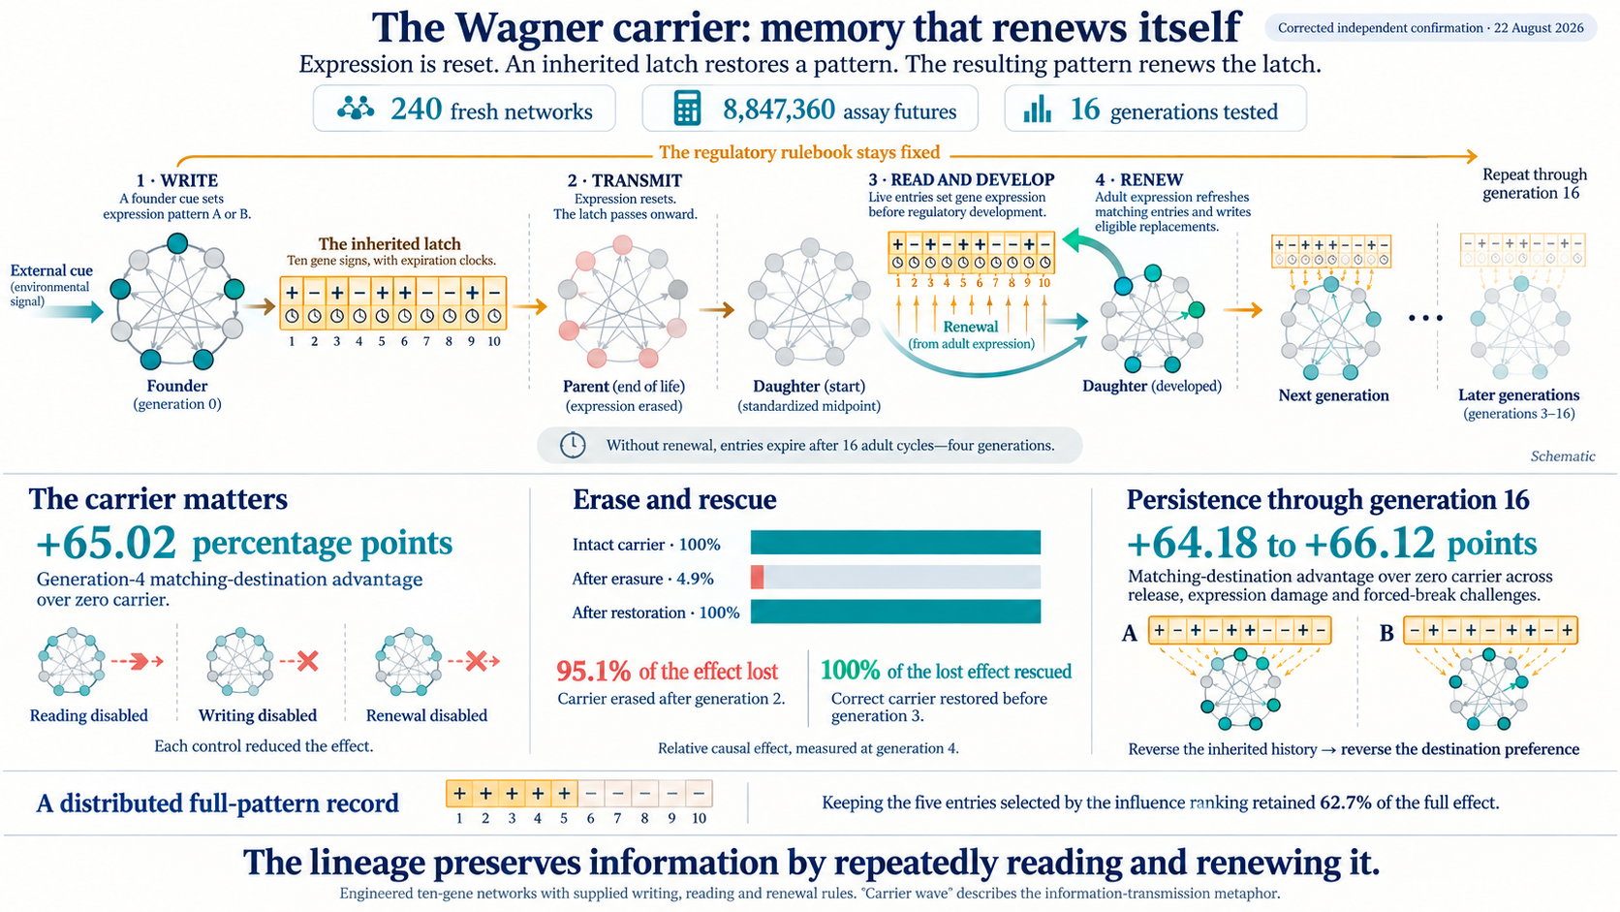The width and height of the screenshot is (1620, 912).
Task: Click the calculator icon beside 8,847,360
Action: [x=686, y=109]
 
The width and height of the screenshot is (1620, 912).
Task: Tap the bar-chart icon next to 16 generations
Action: [x=1037, y=110]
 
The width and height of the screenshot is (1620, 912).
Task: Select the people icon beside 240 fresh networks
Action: [x=356, y=109]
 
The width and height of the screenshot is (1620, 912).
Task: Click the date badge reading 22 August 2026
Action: [x=1430, y=28]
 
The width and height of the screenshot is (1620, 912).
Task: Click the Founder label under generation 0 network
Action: [x=177, y=386]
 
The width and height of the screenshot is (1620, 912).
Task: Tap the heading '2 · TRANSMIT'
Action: [x=625, y=180]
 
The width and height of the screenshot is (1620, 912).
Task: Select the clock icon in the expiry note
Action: [x=573, y=445]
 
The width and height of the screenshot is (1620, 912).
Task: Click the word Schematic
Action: [x=1563, y=456]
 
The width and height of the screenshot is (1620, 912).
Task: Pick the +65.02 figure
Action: [x=107, y=543]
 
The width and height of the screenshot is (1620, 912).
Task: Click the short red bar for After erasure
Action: [x=758, y=577]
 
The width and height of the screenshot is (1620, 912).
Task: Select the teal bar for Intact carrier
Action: [x=895, y=543]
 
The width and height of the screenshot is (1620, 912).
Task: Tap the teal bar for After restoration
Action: [x=895, y=612]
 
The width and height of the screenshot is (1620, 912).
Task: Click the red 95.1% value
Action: [x=593, y=672]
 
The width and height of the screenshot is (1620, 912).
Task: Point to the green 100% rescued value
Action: [x=850, y=671]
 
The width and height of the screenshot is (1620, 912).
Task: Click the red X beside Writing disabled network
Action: [x=308, y=660]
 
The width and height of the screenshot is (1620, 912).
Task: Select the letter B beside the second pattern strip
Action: [x=1386, y=634]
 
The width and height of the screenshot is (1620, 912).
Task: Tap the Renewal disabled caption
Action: [x=426, y=715]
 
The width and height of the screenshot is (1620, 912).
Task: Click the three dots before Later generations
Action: [x=1425, y=318]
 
